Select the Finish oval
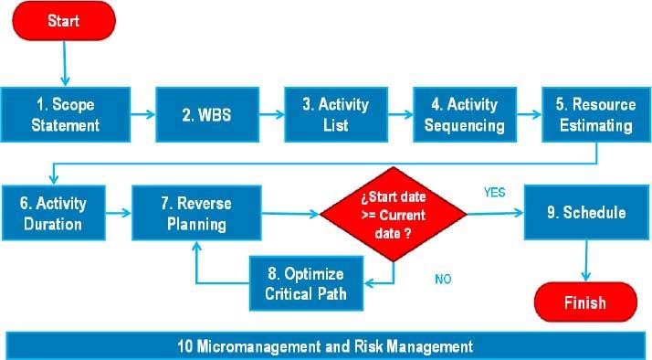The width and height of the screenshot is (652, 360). click(584, 301)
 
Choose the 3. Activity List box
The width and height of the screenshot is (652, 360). click(335, 114)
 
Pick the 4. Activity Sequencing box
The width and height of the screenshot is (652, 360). click(465, 114)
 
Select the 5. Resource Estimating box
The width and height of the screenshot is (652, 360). click(596, 114)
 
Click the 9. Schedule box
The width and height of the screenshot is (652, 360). click(584, 213)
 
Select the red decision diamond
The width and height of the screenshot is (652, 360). click(394, 213)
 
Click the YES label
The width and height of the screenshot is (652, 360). click(493, 193)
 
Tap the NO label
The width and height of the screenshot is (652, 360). click(443, 280)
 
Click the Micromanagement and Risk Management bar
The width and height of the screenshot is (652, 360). click(325, 346)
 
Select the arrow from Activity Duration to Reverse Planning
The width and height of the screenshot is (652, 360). click(115, 213)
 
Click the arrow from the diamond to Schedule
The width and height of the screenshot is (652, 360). click(494, 213)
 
